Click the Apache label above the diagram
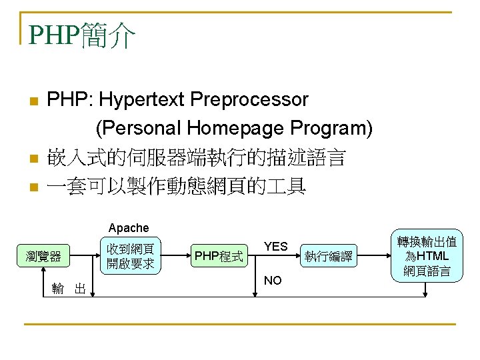(129, 228)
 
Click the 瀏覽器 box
(43, 255)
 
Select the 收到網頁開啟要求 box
(130, 255)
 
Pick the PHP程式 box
(218, 255)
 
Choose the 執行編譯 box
(328, 255)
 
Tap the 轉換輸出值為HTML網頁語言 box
(427, 255)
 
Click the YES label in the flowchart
(275, 247)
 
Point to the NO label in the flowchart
(273, 281)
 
